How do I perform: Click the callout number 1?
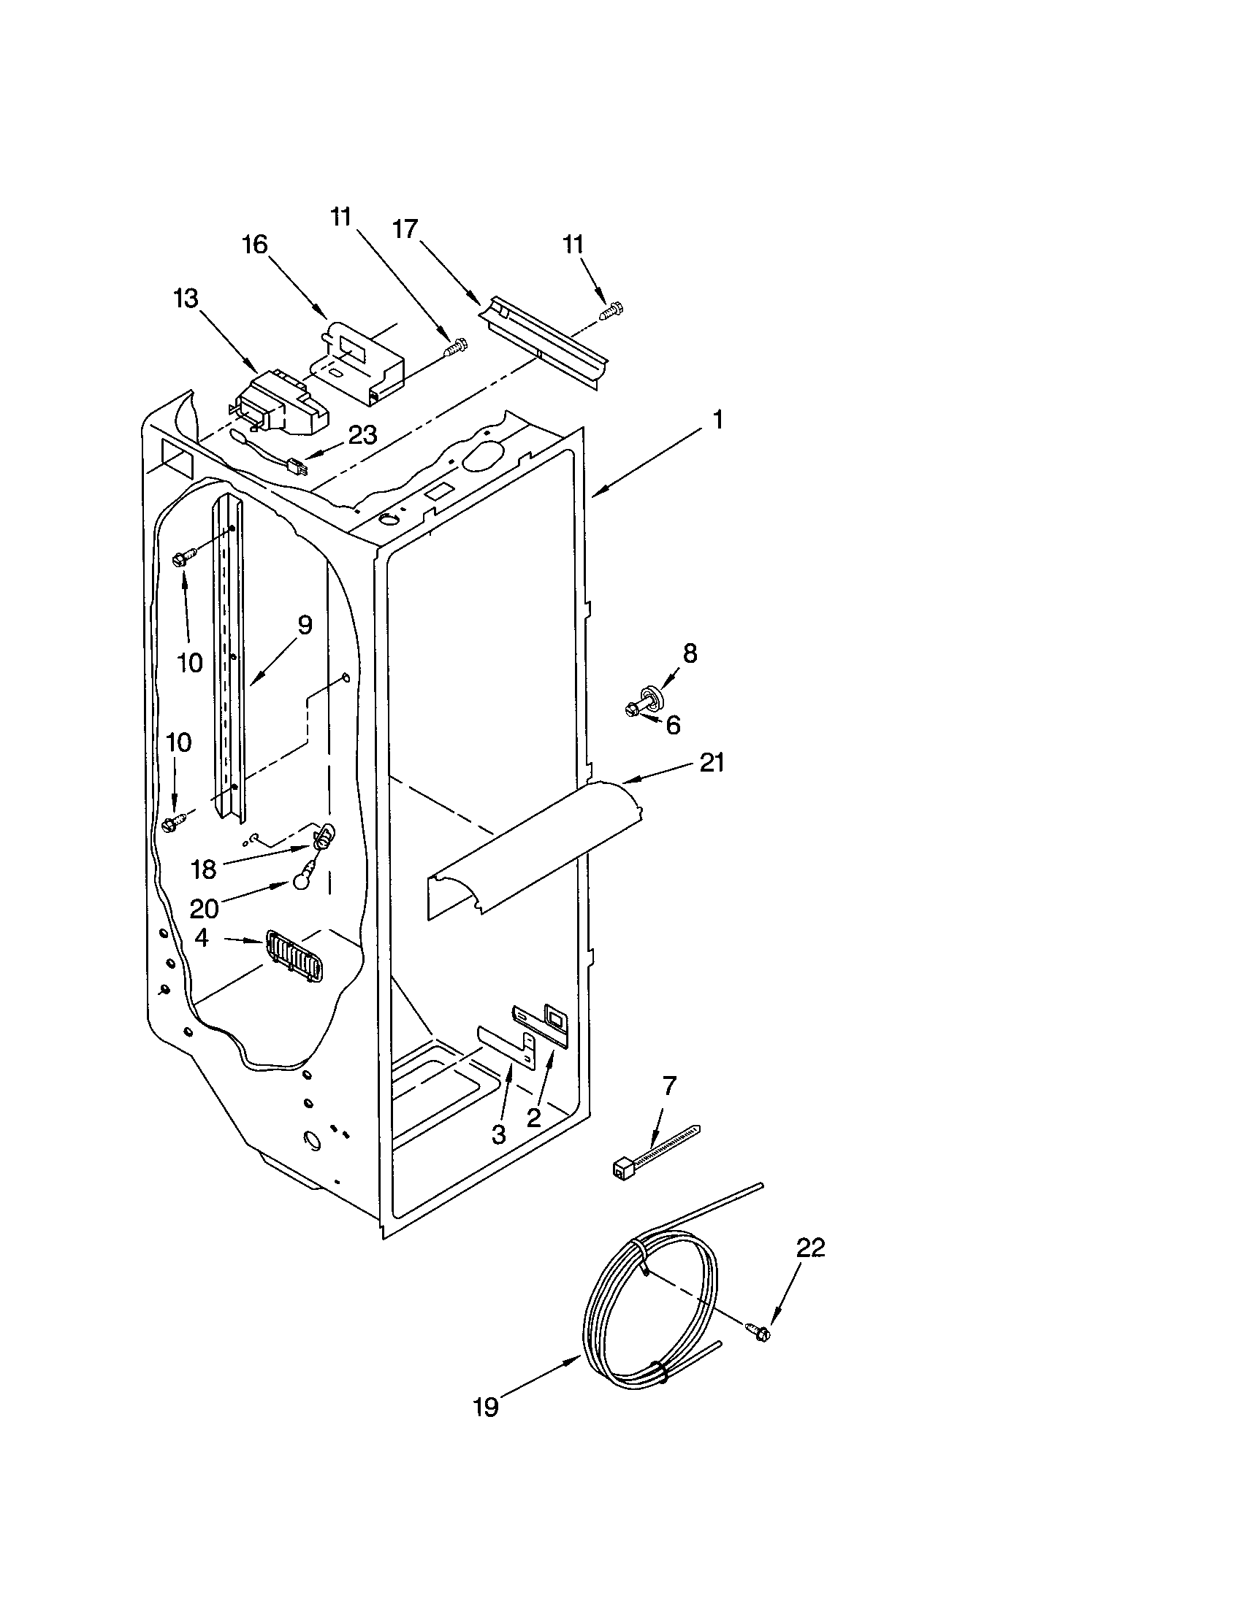[x=717, y=420]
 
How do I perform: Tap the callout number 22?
[x=810, y=1247]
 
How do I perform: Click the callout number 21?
[x=712, y=764]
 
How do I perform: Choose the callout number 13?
[x=186, y=299]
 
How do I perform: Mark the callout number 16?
[x=255, y=244]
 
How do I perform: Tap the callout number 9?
[x=305, y=626]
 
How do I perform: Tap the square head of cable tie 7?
[x=622, y=1168]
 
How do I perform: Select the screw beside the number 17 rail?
[x=610, y=312]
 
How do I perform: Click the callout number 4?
[x=202, y=937]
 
